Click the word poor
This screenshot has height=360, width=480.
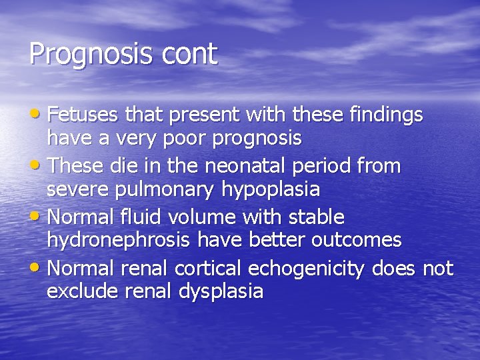click(193, 139)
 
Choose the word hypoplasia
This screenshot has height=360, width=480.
click(267, 190)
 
